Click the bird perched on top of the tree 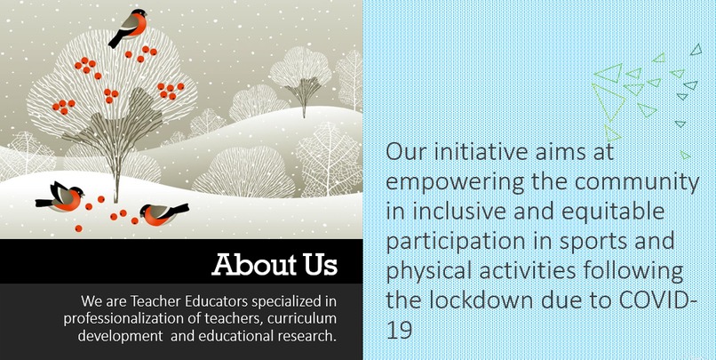pos(130,26)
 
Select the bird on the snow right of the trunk pos(163,212)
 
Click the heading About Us pos(274,265)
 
